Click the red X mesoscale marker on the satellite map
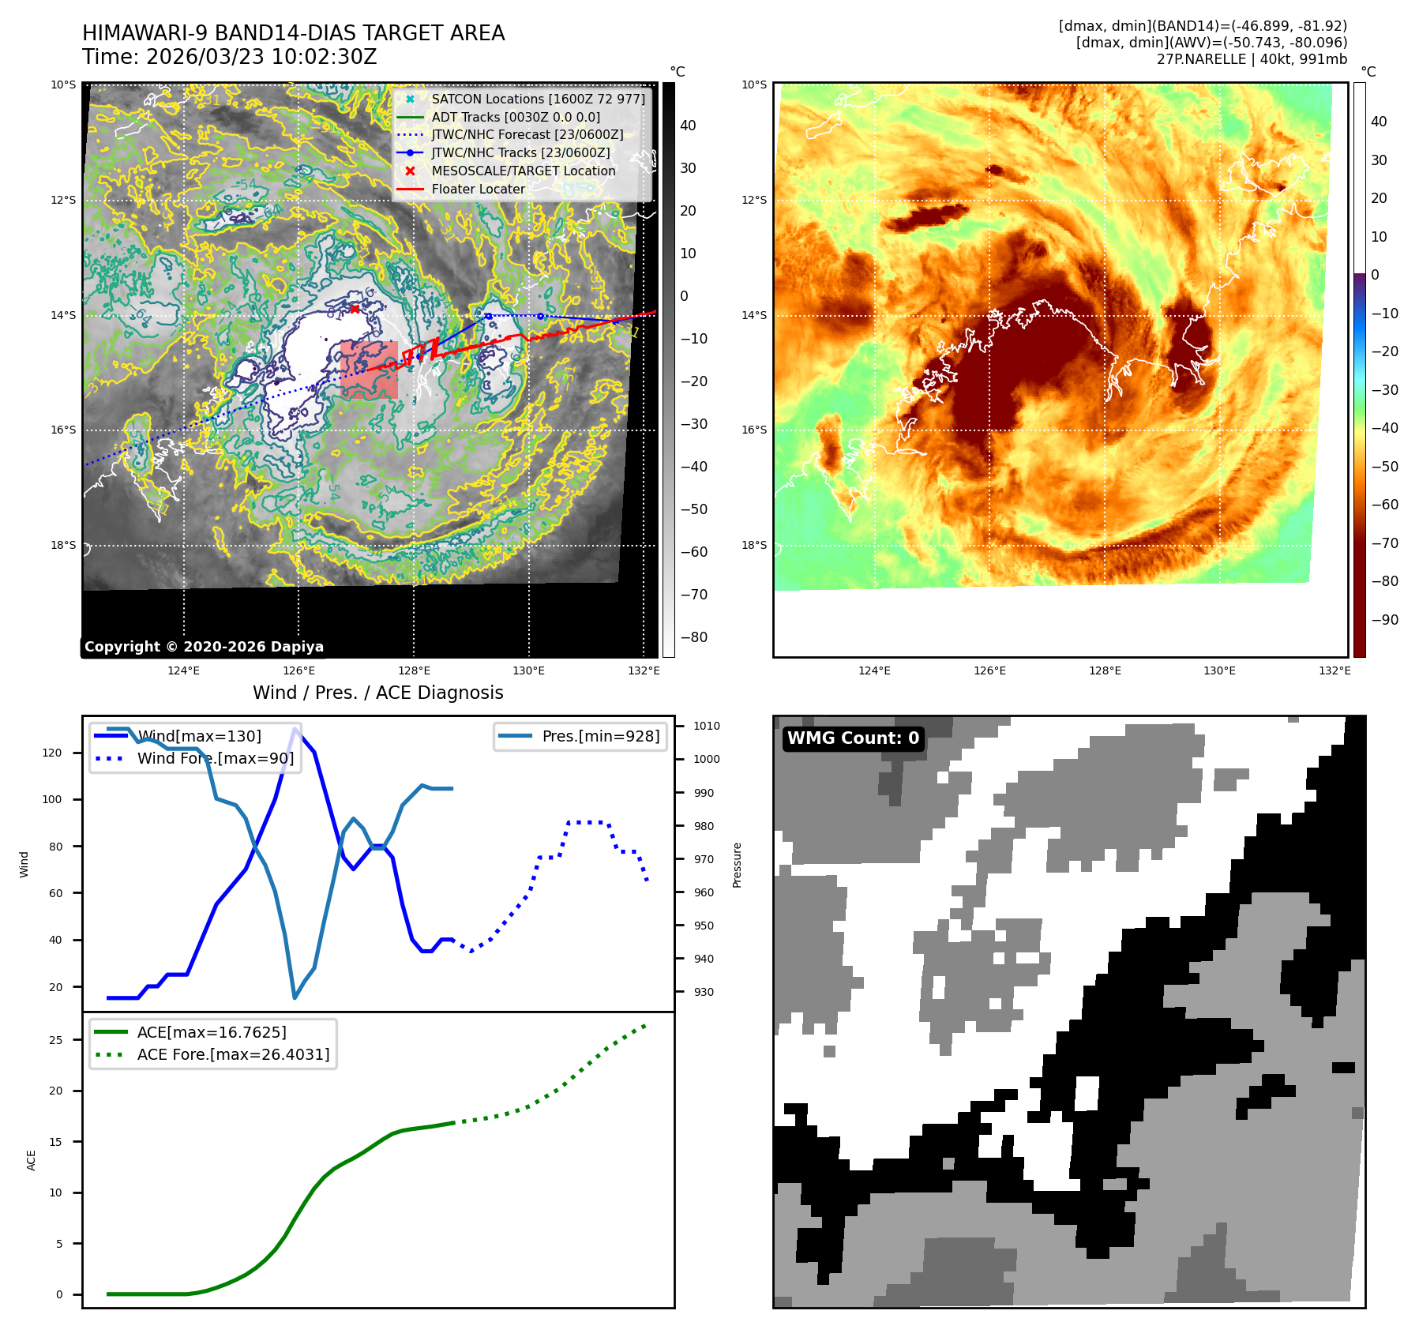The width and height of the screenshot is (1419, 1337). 355,309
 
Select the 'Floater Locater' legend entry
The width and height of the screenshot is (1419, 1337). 478,190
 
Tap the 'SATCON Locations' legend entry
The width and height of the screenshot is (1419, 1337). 538,100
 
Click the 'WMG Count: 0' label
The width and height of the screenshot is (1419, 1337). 853,738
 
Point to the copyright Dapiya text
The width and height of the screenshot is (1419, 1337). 204,647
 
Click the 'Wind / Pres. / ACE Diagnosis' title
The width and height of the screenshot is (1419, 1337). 377,693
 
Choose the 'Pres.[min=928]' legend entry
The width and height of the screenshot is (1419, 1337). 600,737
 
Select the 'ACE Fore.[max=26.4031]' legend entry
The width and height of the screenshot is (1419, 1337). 233,1055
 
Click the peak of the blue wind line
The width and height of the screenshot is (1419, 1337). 295,729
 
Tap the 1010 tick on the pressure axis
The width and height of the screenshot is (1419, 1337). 707,727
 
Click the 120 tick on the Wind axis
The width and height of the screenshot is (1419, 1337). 52,753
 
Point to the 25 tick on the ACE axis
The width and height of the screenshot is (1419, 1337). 55,1041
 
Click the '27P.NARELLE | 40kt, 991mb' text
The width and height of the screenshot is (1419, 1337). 1252,59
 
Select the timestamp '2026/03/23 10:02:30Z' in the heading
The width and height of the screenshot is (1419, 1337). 261,58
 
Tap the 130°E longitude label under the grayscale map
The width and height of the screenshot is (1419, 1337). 528,671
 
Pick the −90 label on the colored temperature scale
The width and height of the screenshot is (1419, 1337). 1385,620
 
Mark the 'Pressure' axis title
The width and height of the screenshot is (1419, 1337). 738,866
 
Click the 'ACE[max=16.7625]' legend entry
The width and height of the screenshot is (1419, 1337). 212,1033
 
